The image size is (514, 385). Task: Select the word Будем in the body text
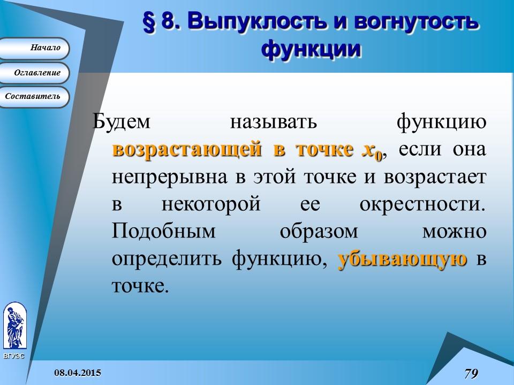coord(122,122)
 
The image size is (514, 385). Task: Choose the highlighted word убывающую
coord(403,260)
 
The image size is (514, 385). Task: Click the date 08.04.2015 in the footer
coord(78,372)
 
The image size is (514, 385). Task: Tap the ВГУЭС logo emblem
coord(14,326)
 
